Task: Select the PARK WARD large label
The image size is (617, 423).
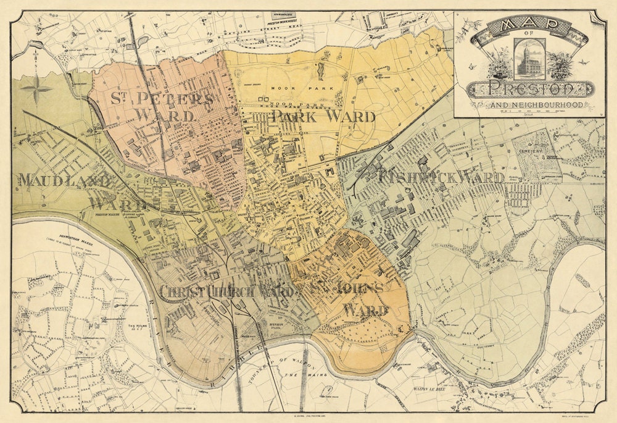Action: pyautogui.click(x=323, y=117)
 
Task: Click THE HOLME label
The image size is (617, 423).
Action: pyautogui.click(x=135, y=325)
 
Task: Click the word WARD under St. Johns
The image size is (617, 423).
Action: pyautogui.click(x=365, y=310)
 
